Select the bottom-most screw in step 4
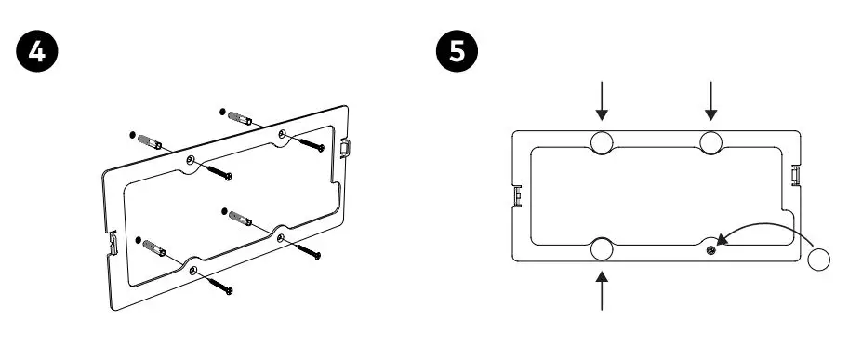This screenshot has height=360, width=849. pos(217,281)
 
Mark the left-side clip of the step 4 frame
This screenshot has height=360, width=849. pos(110,244)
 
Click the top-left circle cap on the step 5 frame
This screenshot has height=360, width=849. pos(602,142)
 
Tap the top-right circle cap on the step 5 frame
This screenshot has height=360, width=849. pos(711,142)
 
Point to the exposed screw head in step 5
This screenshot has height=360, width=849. pos(710,248)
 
